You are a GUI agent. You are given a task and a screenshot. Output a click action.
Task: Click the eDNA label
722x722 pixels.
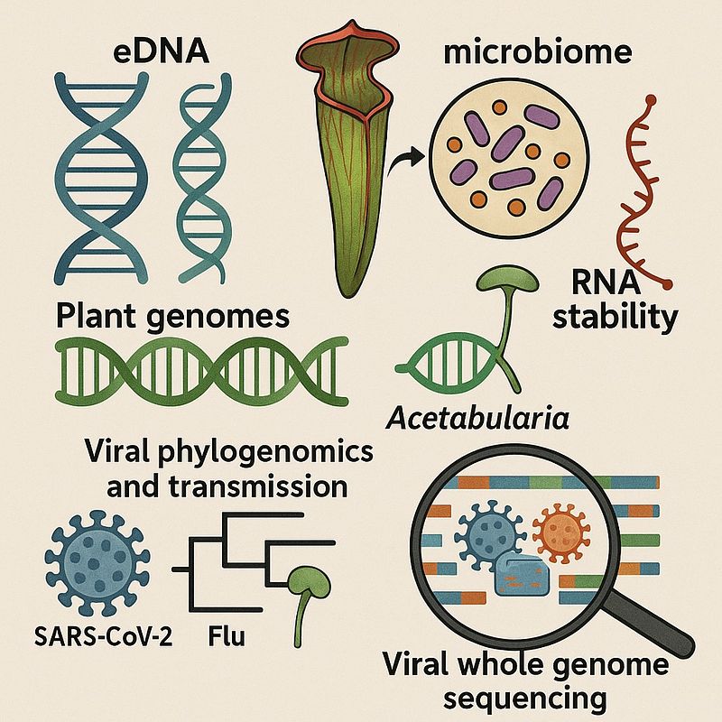click(161, 52)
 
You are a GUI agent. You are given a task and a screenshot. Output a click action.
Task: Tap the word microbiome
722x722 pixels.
click(537, 52)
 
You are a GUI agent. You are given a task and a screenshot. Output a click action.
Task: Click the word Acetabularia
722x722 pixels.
click(477, 419)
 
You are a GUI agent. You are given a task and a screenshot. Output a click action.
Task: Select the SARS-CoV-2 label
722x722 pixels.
click(103, 637)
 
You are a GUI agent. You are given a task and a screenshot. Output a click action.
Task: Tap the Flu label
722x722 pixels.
click(227, 637)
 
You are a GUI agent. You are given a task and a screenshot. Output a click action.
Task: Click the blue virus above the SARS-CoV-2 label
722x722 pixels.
click(97, 562)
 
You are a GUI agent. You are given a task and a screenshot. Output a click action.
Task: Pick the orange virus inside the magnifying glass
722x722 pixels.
click(561, 532)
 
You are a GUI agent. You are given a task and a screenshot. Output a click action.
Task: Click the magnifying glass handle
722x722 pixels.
click(649, 626)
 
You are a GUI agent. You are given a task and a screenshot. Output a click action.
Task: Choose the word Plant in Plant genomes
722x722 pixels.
click(96, 317)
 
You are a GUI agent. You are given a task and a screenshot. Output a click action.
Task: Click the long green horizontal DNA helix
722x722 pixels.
click(201, 371)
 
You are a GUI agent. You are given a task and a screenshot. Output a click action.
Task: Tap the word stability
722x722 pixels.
click(616, 318)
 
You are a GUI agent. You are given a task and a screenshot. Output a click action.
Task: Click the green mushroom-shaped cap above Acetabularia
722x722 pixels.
click(507, 279)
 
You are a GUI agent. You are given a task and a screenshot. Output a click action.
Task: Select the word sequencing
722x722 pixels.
click(524, 699)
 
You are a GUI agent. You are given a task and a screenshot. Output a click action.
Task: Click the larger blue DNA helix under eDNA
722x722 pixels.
click(101, 178)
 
